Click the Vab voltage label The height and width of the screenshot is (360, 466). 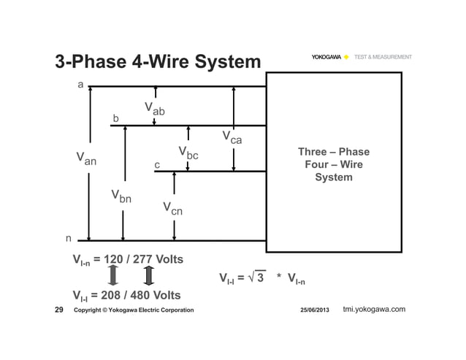click(154, 109)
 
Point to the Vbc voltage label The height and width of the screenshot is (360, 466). click(188, 153)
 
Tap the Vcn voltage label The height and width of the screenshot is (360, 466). click(172, 209)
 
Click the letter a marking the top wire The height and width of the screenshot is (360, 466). click(81, 85)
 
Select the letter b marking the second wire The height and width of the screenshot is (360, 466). click(115, 118)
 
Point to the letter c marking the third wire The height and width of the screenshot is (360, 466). click(156, 165)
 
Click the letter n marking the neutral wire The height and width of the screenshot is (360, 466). click(69, 238)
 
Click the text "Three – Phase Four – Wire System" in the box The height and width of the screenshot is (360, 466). click(333, 164)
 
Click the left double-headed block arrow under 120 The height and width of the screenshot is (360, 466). click(113, 277)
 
